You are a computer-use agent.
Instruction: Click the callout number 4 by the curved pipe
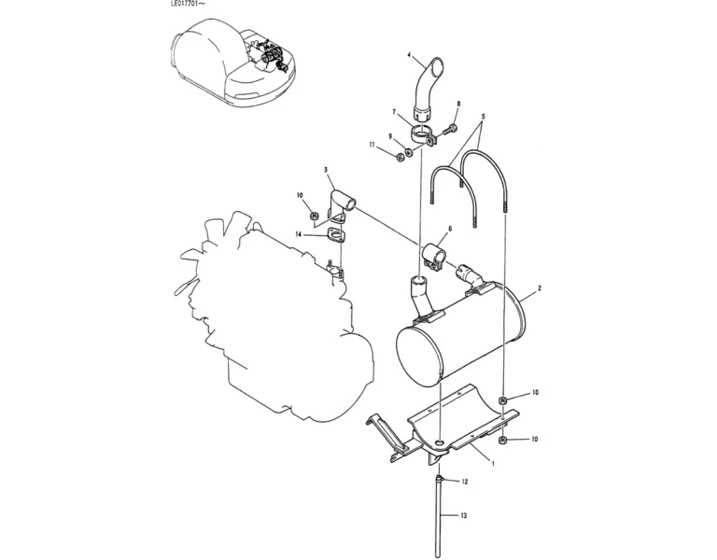[x=410, y=55]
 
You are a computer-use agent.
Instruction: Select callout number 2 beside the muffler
[x=540, y=288]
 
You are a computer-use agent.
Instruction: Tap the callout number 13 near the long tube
[x=464, y=515]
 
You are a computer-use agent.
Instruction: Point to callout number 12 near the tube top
[x=465, y=482]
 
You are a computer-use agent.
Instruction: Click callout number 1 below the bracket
[x=493, y=464]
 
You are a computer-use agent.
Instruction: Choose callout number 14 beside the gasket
[x=299, y=234]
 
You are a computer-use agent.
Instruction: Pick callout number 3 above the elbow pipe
[x=326, y=170]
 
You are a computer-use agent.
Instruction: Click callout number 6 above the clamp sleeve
[x=450, y=228]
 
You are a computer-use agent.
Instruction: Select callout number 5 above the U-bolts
[x=483, y=116]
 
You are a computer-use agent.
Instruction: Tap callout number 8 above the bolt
[x=458, y=104]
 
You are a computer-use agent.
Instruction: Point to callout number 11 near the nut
[x=373, y=145]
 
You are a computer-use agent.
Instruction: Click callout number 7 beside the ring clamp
[x=393, y=112]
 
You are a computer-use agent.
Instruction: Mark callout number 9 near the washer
[x=390, y=136]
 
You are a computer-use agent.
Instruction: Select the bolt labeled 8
[x=448, y=129]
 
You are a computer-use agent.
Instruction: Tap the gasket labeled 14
[x=336, y=236]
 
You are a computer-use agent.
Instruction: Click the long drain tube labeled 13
[x=439, y=515]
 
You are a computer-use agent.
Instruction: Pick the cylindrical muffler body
[x=459, y=336]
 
